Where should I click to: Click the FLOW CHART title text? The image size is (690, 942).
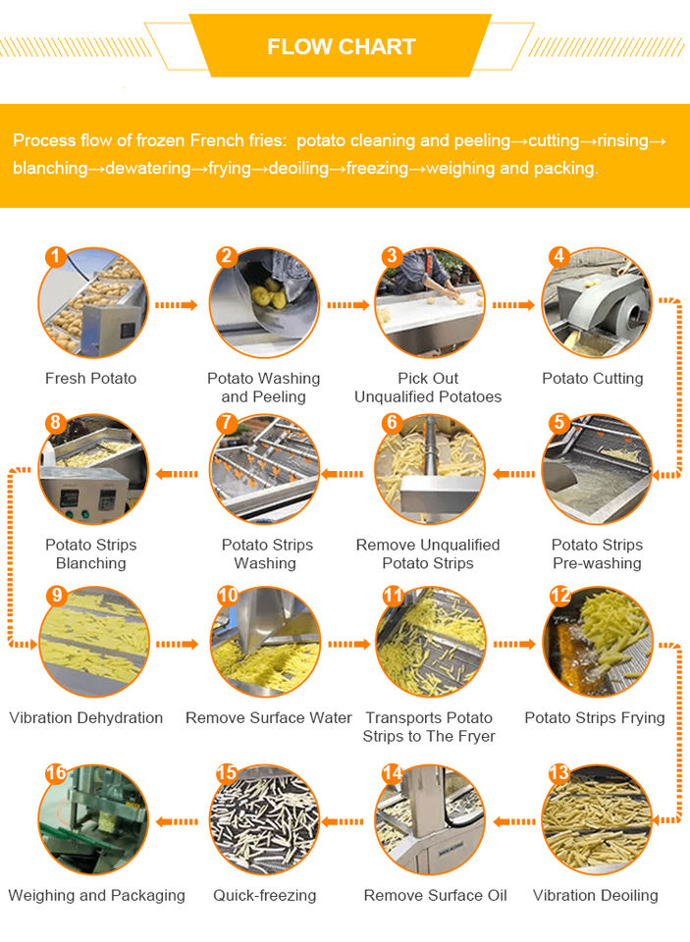tap(342, 47)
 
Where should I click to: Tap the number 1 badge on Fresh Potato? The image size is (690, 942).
tap(55, 256)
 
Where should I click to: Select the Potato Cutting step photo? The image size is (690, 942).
tap(596, 303)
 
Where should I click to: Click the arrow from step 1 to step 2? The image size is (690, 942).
tap(176, 305)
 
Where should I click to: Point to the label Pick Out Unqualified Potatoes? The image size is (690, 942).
tap(428, 388)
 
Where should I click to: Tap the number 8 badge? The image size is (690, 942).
tap(55, 422)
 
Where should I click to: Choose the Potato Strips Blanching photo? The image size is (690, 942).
tap(92, 469)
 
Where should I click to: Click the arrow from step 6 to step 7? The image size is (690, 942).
tap(342, 474)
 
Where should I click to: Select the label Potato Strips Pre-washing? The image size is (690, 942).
tap(597, 553)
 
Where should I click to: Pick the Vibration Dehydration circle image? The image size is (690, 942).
tap(94, 642)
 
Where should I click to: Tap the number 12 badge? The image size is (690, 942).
tap(559, 596)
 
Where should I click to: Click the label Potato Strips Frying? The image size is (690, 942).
tap(595, 718)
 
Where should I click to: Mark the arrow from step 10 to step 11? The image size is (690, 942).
tap(348, 645)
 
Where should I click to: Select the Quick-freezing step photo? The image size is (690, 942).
tap(264, 819)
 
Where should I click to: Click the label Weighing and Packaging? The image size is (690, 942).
tap(96, 895)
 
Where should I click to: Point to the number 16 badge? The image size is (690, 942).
tap(56, 773)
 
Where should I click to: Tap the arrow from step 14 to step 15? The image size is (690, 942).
tap(342, 821)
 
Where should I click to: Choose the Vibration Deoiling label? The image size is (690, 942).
tap(595, 895)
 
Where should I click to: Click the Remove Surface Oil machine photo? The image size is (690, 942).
tap(430, 819)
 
